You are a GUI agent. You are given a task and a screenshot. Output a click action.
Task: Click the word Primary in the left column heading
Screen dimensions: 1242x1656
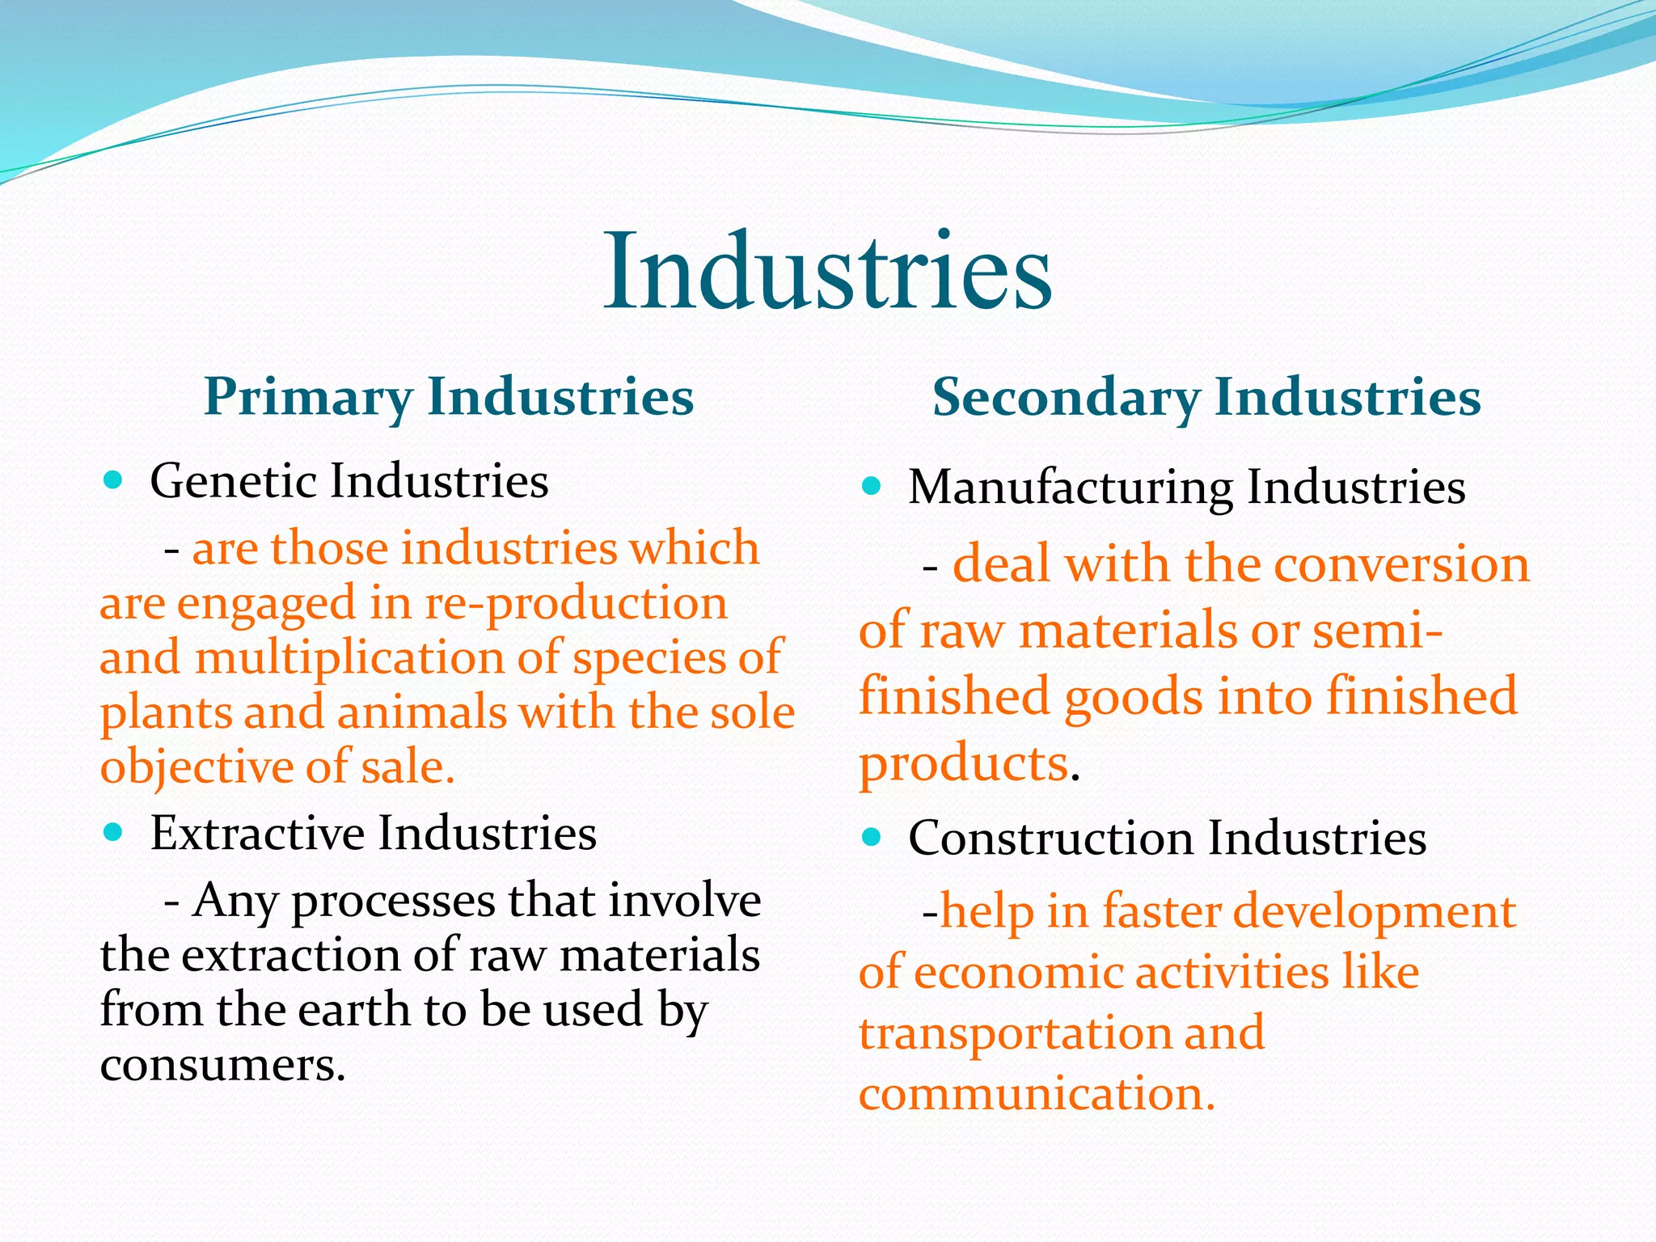(308, 397)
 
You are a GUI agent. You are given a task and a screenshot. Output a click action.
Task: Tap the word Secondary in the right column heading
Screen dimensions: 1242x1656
(1066, 398)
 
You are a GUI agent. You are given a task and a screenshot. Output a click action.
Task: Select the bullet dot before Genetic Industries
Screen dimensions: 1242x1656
(113, 481)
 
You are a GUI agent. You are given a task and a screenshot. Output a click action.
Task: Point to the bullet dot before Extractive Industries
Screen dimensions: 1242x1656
(113, 832)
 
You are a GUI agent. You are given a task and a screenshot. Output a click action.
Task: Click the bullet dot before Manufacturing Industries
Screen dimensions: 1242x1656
(871, 486)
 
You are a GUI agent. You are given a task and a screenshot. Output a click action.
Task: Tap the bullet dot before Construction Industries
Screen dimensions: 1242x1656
(871, 837)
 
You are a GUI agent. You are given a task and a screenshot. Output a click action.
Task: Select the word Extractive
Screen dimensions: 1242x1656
(257, 833)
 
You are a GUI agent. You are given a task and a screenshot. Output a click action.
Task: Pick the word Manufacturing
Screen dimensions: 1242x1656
(1070, 488)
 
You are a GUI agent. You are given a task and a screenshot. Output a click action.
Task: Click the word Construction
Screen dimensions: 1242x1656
(1050, 838)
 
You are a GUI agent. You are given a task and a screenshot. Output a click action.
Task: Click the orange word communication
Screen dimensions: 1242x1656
(1037, 1093)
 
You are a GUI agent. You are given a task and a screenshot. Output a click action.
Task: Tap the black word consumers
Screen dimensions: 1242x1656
(223, 1065)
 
